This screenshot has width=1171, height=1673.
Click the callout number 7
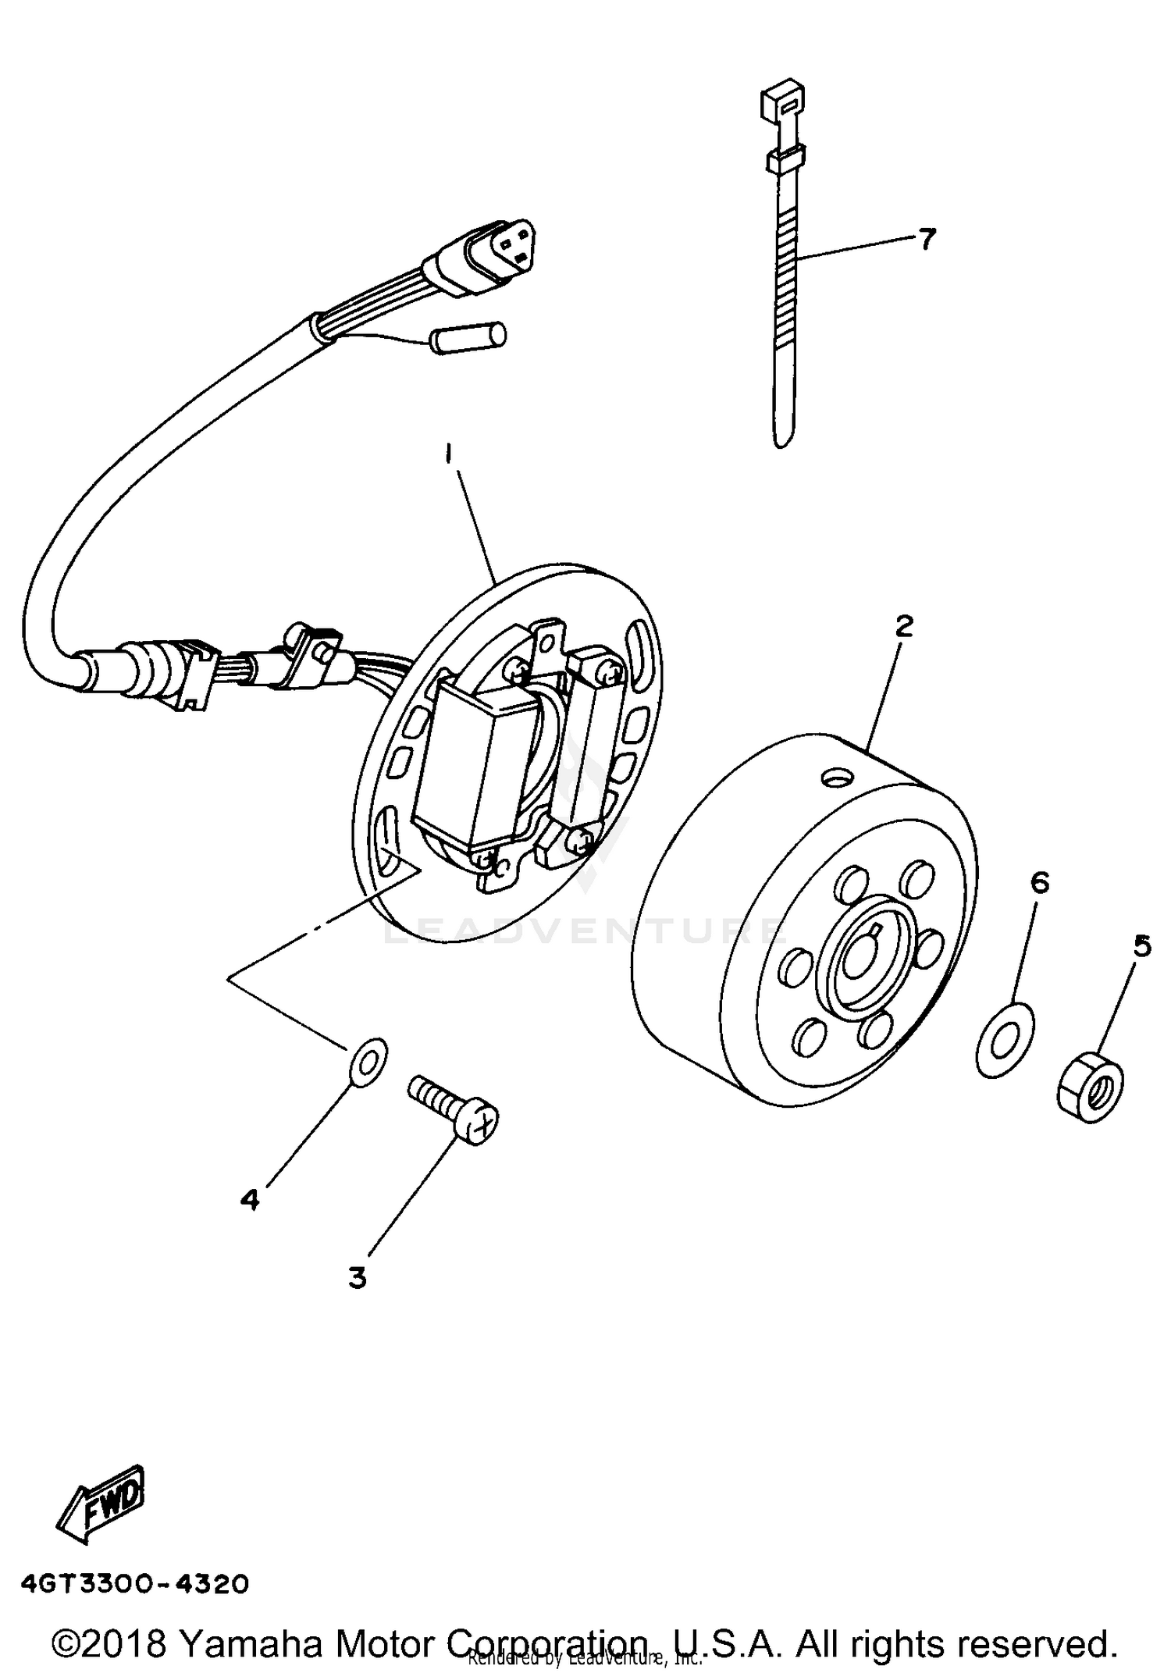[x=926, y=239]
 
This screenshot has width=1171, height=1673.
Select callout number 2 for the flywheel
[x=903, y=625]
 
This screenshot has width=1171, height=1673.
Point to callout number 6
[x=1039, y=882]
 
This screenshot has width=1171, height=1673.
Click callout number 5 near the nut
[x=1141, y=946]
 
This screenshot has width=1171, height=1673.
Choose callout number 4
[x=249, y=1198]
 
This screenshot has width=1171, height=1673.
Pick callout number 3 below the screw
[x=357, y=1278]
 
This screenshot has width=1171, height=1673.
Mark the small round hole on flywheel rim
[x=838, y=778]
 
